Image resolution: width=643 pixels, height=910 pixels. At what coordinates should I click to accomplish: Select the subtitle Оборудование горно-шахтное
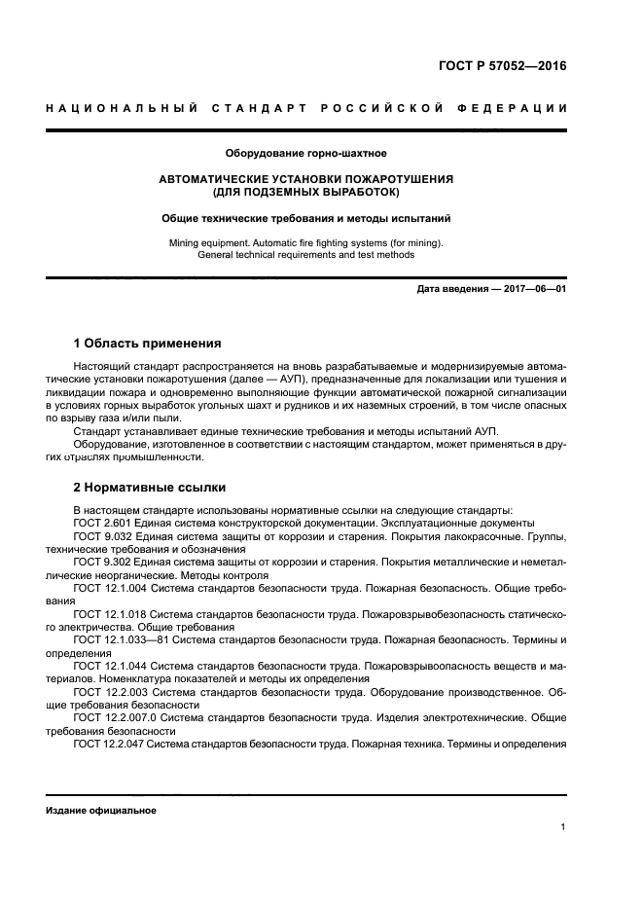pos(306,153)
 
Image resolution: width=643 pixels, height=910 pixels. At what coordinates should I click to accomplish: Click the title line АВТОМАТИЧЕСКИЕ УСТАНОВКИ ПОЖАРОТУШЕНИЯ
pos(306,180)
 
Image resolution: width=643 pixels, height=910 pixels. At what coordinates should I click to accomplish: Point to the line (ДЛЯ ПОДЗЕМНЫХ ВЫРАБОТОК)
pos(306,192)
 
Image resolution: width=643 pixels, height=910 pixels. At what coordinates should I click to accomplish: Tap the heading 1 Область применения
pos(147,344)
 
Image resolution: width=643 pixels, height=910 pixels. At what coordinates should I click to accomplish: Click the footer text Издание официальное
pos(100,810)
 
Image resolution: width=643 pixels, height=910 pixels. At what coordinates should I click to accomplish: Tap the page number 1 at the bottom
pos(563,827)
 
